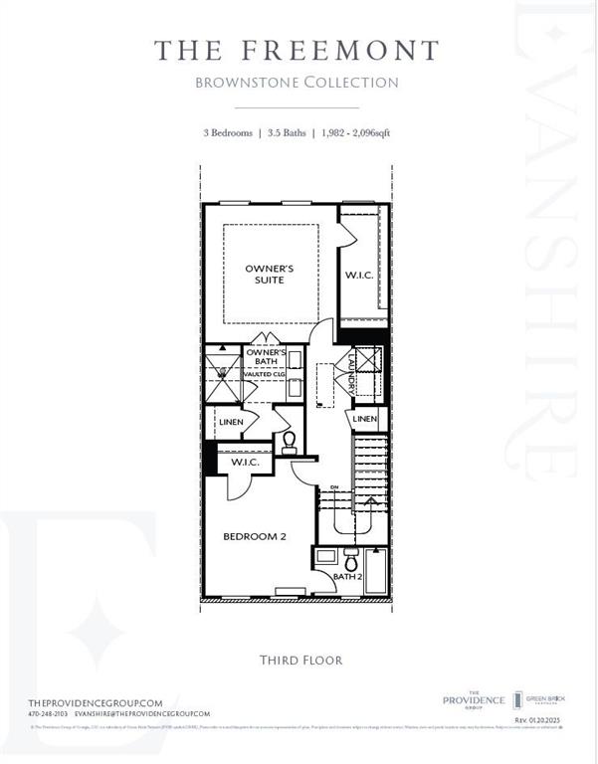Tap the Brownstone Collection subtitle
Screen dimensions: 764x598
297,83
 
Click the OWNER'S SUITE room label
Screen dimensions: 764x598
266,274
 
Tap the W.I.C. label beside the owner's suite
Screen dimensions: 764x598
358,275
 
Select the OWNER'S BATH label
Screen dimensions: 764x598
267,358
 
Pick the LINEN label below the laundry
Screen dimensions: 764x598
364,420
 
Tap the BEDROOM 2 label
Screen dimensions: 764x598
254,536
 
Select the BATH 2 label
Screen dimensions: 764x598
346,576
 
